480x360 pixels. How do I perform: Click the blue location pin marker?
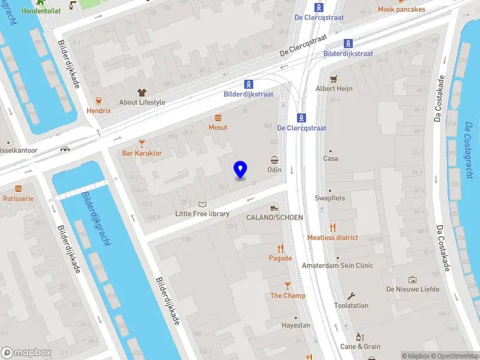click(x=240, y=170)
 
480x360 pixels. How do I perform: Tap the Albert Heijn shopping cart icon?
click(x=334, y=79)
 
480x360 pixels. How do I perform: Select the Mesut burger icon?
click(x=218, y=118)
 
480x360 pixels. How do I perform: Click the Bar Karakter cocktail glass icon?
click(x=142, y=143)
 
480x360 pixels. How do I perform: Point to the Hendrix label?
click(x=98, y=111)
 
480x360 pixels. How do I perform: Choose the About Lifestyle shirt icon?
click(x=142, y=92)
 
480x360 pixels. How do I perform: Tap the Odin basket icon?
click(x=274, y=160)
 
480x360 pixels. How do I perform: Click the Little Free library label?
click(x=202, y=214)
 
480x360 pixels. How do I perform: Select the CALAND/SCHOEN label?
click(x=274, y=217)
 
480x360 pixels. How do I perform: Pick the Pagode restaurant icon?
click(x=280, y=248)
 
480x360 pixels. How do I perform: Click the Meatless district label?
click(x=332, y=238)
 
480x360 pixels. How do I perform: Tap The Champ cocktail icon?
click(x=287, y=286)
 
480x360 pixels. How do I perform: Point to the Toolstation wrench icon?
click(x=351, y=295)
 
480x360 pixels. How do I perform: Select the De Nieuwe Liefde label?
click(x=413, y=289)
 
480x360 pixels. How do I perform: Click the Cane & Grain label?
click(x=360, y=346)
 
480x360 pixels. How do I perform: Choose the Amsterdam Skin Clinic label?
click(x=337, y=265)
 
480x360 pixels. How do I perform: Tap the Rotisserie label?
click(x=18, y=198)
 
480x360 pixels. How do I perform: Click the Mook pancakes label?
click(x=401, y=10)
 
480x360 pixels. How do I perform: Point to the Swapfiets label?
click(x=330, y=198)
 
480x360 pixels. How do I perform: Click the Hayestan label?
click(x=296, y=325)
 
